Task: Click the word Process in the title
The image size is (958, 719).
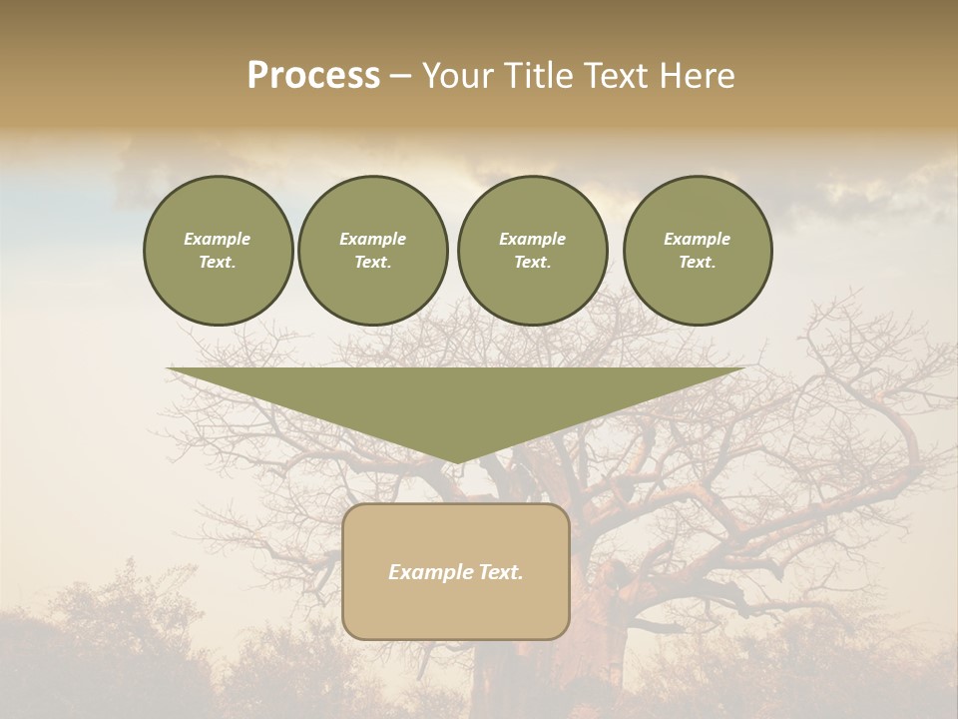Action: [313, 76]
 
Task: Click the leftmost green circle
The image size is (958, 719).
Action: [218, 251]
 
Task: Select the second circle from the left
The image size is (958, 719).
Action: [372, 251]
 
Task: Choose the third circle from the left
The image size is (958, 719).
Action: [532, 251]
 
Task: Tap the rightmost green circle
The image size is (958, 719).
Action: [697, 251]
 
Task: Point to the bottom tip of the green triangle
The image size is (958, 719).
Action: [456, 462]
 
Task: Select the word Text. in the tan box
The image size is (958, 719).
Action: [498, 572]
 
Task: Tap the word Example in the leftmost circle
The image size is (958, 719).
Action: [218, 239]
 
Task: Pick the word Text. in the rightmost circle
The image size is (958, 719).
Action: [697, 263]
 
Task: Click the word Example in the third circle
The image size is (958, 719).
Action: [532, 239]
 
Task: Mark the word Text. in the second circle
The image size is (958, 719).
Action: [372, 263]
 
